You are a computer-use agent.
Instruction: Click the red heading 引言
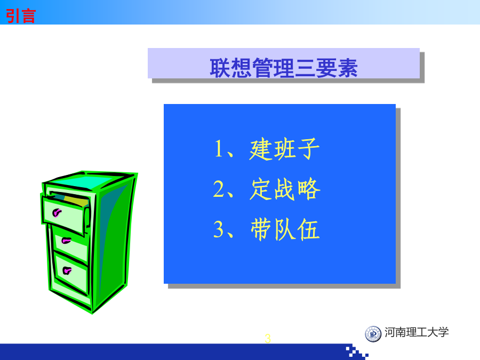(x=21, y=15)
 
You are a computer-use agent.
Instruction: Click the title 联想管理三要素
(x=284, y=68)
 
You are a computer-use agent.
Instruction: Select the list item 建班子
(x=284, y=149)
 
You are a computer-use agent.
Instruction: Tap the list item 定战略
(x=285, y=189)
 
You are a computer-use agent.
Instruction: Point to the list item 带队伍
(x=285, y=229)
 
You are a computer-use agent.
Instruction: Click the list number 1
(x=219, y=149)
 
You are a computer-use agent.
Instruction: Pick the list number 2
(x=219, y=189)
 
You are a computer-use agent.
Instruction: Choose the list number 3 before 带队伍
(x=219, y=229)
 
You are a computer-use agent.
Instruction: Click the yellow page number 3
(x=268, y=339)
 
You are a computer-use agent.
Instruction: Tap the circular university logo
(x=373, y=334)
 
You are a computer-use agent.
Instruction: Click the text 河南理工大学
(x=417, y=332)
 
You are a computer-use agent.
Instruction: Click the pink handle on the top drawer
(x=57, y=212)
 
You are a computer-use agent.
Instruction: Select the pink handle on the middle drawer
(x=66, y=241)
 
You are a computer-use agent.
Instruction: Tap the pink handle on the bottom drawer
(x=67, y=270)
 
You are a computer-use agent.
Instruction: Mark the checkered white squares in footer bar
(x=357, y=352)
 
